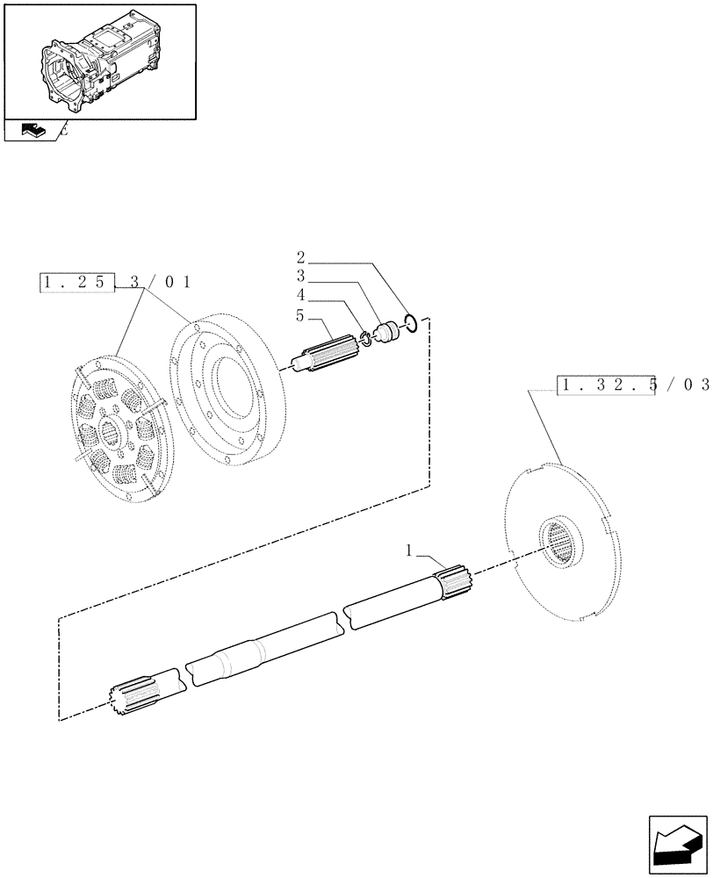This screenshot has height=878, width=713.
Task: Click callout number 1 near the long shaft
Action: tap(409, 551)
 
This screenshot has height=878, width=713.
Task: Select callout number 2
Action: tap(300, 257)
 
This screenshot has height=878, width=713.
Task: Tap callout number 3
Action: tap(300, 276)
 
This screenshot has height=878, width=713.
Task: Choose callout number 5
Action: tap(300, 313)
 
